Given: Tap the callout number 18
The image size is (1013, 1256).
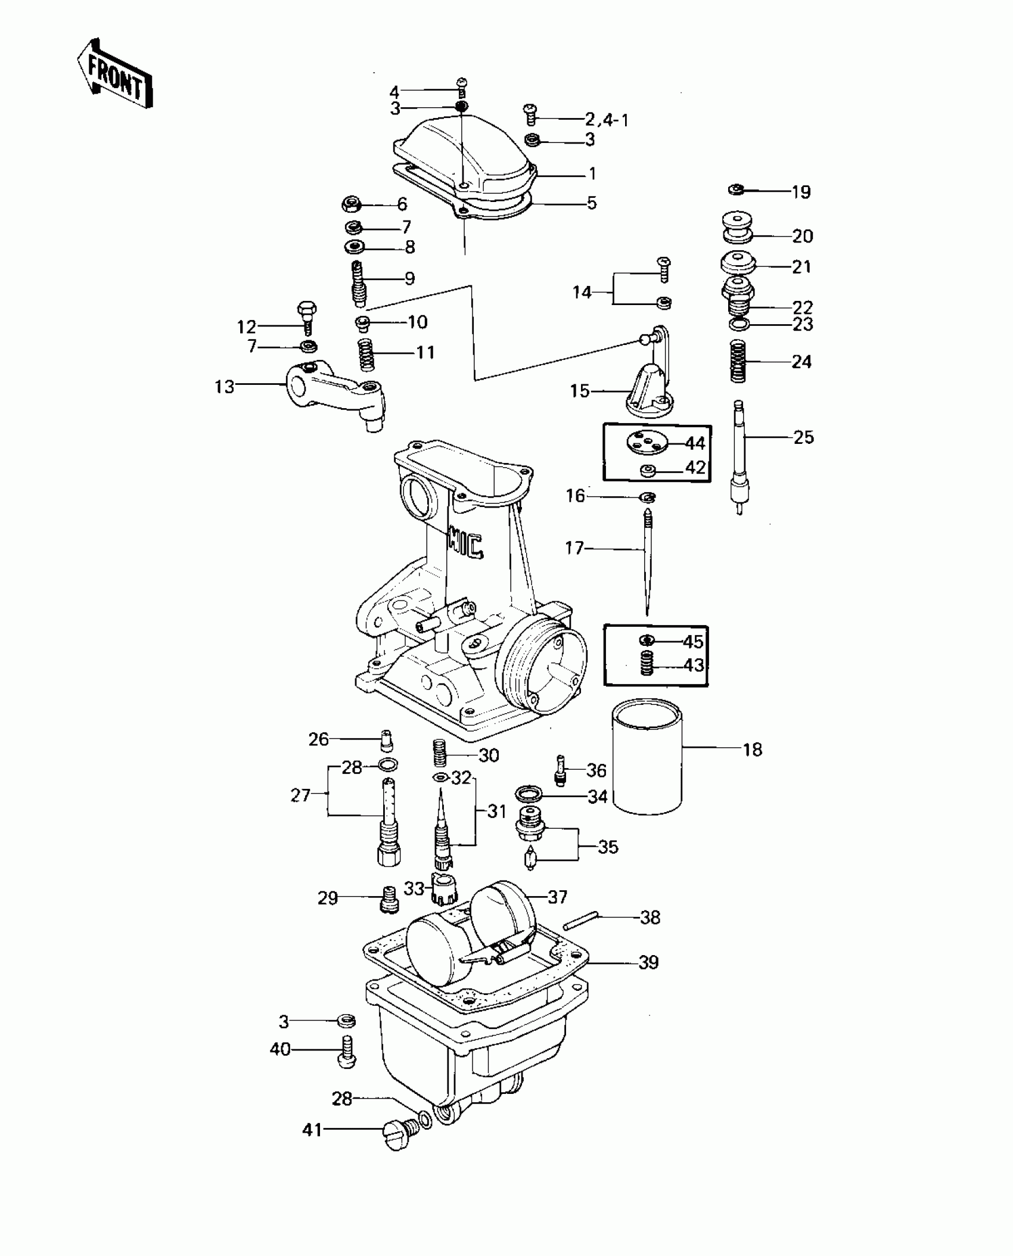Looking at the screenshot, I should [x=753, y=749].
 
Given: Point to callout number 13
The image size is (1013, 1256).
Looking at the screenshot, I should [x=225, y=387].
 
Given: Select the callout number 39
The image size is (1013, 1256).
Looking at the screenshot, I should [x=648, y=962].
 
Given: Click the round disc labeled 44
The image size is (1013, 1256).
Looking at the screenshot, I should [x=648, y=443].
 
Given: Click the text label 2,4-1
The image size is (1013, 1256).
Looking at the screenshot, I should [x=607, y=120].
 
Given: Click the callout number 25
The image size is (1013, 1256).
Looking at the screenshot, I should [x=803, y=437].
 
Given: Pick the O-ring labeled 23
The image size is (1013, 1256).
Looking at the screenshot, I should [x=738, y=325].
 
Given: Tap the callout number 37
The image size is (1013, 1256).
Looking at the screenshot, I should [x=557, y=897].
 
